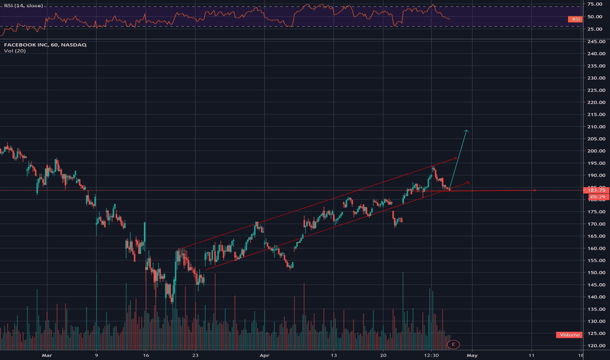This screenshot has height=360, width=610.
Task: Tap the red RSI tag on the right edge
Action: [576, 20]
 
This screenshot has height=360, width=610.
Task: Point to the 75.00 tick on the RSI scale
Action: [594, 6]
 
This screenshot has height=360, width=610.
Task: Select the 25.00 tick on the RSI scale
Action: [594, 27]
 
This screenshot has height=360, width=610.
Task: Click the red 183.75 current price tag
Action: [596, 190]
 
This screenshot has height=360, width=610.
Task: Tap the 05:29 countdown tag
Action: [596, 196]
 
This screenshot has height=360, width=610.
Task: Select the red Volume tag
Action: [569, 335]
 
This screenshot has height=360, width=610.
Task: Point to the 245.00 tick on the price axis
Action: [596, 41]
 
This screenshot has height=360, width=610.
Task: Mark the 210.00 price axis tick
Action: [596, 127]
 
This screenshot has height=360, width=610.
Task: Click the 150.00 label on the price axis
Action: [596, 273]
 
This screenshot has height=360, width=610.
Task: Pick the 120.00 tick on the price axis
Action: [596, 346]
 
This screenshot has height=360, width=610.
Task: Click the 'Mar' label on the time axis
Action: [46, 355]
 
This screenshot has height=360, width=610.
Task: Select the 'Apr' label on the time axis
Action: [264, 355]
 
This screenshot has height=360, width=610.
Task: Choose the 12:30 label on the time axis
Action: [431, 355]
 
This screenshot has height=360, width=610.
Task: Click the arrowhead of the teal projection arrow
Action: [467, 131]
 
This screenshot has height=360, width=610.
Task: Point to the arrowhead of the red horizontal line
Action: [535, 190]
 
